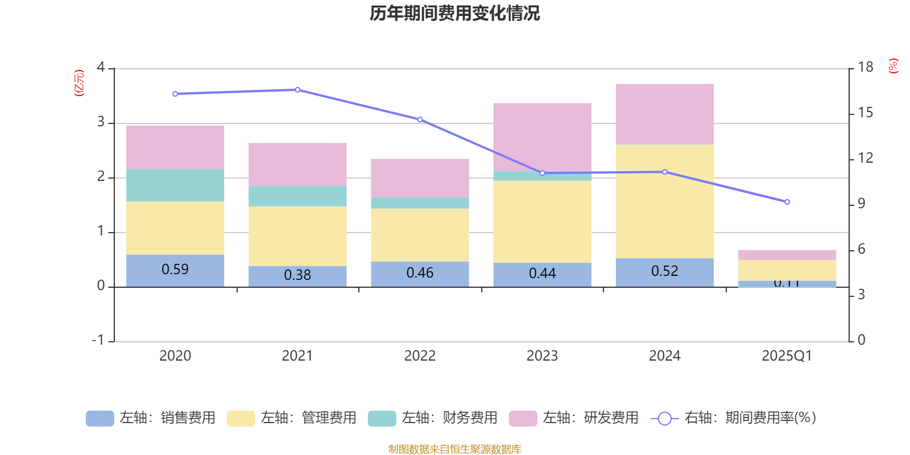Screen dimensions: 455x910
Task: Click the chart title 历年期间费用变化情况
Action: [454, 13]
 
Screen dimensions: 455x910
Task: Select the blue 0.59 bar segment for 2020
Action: [175, 270]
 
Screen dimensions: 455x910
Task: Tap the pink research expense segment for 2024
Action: [664, 114]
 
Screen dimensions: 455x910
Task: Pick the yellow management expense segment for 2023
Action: [542, 221]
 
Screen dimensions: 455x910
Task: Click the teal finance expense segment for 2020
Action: [175, 185]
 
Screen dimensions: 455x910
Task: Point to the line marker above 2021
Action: [297, 90]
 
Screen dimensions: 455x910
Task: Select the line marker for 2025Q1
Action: [787, 202]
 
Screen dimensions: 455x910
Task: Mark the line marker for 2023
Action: [542, 173]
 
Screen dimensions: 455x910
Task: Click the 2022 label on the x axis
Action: [420, 356]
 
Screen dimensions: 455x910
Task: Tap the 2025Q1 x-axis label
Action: [787, 356]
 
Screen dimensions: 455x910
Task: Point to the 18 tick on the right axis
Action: [865, 67]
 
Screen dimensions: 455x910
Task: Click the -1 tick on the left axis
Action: [98, 340]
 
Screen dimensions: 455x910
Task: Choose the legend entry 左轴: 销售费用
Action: [151, 418]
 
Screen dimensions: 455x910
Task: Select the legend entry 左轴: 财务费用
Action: [433, 418]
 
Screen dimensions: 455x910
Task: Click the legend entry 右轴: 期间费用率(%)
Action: [733, 418]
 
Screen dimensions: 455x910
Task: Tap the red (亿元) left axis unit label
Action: [79, 83]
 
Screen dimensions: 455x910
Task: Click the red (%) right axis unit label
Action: [893, 66]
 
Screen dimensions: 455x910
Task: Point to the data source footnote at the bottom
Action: [454, 449]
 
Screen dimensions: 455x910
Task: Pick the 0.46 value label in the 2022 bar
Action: [420, 273]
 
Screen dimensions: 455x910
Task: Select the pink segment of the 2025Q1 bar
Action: [787, 255]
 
